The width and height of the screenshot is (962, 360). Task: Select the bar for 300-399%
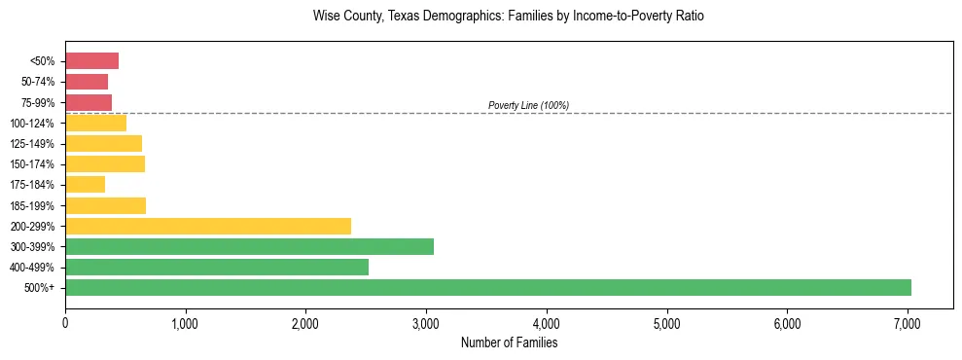(x=249, y=246)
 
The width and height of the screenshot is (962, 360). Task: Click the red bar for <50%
(x=91, y=61)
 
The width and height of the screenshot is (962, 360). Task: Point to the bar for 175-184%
(x=85, y=185)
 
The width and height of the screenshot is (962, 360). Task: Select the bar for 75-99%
(x=89, y=102)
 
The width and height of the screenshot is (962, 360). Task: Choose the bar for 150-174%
(x=105, y=164)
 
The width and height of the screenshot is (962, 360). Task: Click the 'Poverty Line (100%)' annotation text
(x=528, y=105)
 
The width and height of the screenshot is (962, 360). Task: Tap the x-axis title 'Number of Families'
(x=509, y=342)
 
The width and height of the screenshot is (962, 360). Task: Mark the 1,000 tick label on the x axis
(x=185, y=323)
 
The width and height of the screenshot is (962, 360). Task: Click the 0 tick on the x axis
(x=65, y=323)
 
